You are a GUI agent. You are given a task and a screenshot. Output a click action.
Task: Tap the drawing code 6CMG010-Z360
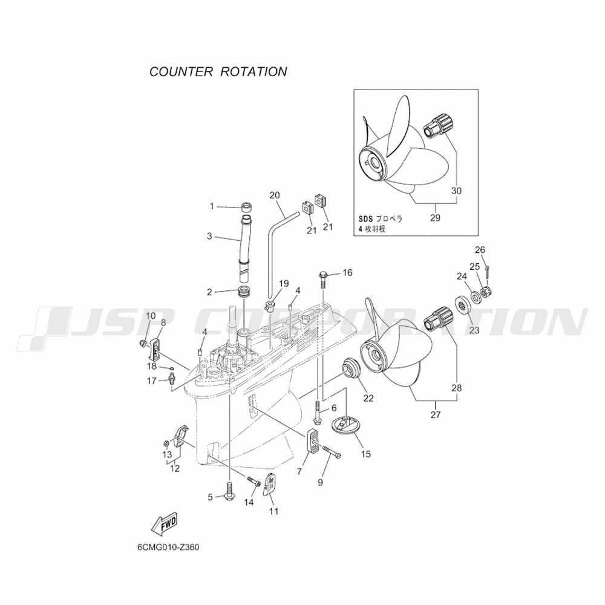168,548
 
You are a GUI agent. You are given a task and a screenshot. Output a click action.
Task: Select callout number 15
365,454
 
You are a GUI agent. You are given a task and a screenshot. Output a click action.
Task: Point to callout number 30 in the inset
456,191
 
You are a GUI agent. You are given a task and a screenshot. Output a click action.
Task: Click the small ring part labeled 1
246,207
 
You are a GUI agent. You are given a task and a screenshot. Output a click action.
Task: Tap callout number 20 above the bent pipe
275,195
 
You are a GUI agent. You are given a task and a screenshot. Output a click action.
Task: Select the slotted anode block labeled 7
313,440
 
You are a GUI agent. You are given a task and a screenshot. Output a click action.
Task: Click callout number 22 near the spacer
368,397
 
